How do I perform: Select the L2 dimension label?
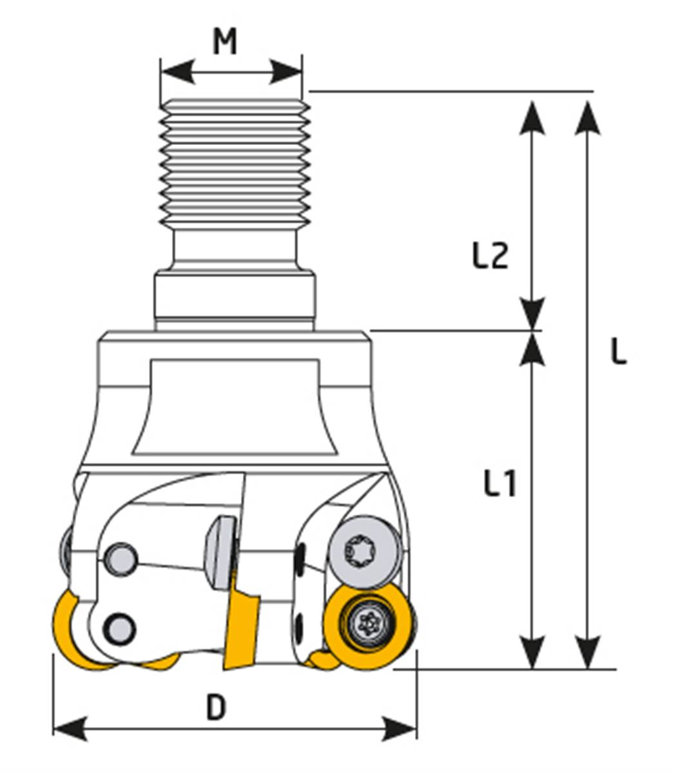tap(490, 256)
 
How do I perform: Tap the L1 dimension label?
tap(499, 483)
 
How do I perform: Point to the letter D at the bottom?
tap(216, 708)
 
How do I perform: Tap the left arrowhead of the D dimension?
tap(70, 729)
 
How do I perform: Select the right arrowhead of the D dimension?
tap(400, 729)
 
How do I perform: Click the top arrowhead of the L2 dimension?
tap(532, 117)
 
